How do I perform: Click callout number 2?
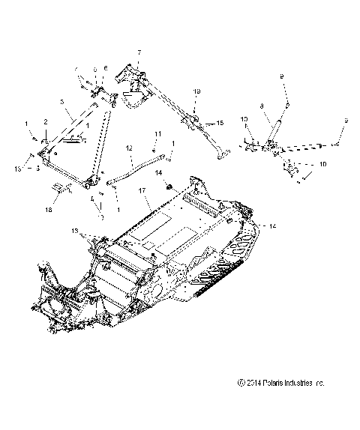point(46,121)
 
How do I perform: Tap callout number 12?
point(130,148)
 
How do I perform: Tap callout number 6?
point(106,69)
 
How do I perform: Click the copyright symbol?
point(238,405)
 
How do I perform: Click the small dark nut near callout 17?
point(170,184)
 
